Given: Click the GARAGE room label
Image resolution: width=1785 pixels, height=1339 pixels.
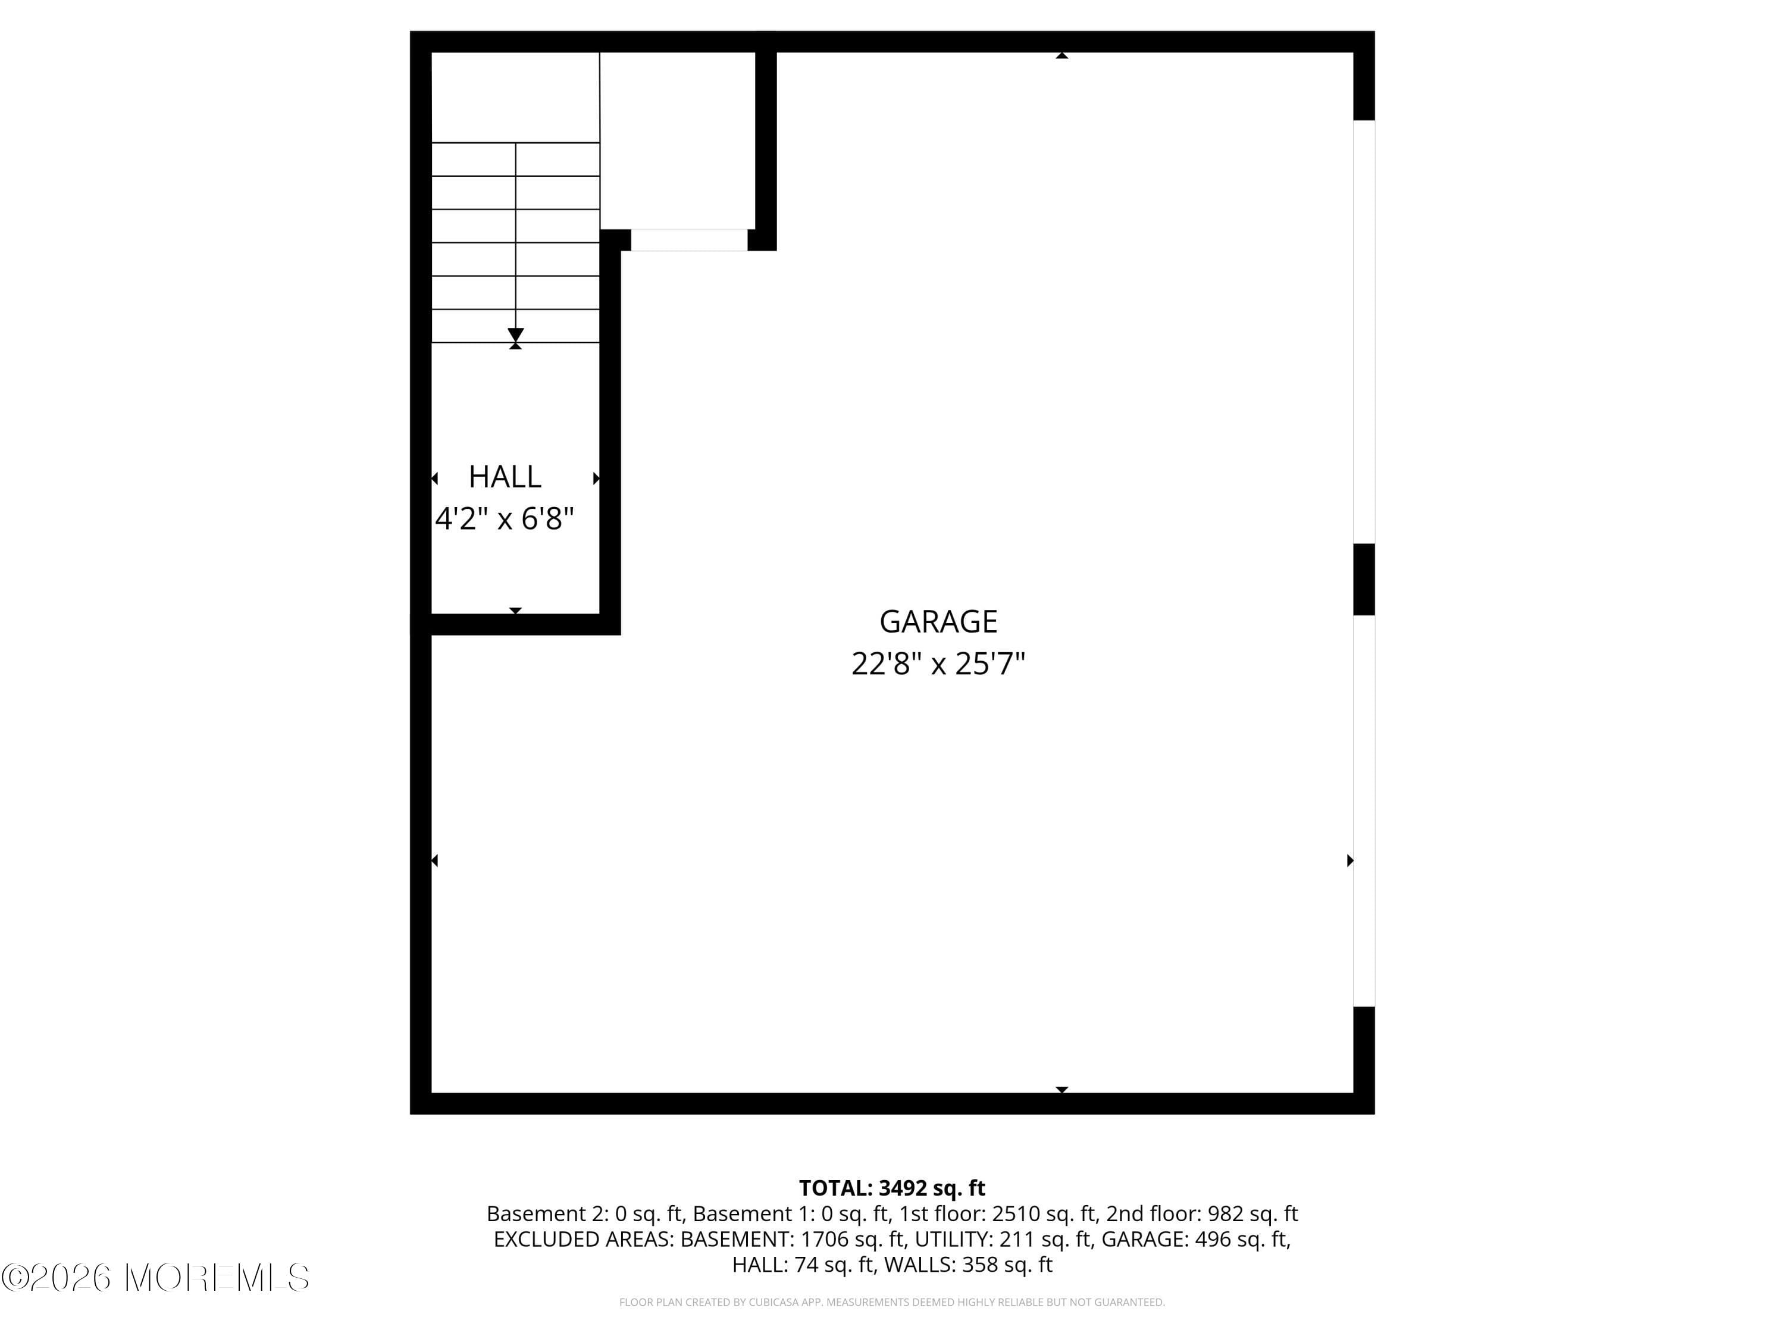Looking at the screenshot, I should (x=938, y=621).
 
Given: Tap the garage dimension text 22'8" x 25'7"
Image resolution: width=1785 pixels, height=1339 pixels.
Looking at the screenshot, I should (x=938, y=664).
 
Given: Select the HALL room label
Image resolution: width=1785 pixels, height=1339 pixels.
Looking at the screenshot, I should (x=505, y=477).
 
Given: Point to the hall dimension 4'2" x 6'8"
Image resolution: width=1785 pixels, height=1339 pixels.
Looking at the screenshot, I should (x=505, y=519).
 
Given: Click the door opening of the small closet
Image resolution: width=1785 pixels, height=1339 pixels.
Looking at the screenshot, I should (x=688, y=240).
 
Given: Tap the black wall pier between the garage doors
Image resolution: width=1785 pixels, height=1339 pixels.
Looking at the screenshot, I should (x=1364, y=580).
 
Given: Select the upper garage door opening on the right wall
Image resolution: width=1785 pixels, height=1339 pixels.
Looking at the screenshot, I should (x=1364, y=331).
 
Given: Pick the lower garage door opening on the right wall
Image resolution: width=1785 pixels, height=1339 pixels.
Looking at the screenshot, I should (x=1364, y=811).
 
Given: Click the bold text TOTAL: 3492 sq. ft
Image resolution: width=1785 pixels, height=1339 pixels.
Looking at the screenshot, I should (x=892, y=1188).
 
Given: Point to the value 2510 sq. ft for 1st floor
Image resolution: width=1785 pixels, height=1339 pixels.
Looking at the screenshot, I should (x=1044, y=1214).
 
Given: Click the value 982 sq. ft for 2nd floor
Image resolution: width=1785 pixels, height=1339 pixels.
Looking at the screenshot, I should (x=1252, y=1214).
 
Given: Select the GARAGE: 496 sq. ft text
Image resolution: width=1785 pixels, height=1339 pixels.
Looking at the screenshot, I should (x=1195, y=1239).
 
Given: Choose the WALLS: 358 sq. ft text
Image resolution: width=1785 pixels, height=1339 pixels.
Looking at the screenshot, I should (x=968, y=1265).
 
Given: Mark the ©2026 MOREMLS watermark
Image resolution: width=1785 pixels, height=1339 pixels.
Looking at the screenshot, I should (x=155, y=1277).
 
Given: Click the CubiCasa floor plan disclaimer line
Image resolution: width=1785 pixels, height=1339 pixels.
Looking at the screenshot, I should (x=892, y=1302).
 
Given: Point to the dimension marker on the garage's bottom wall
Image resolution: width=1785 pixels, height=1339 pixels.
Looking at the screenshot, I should (x=1062, y=1090).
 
